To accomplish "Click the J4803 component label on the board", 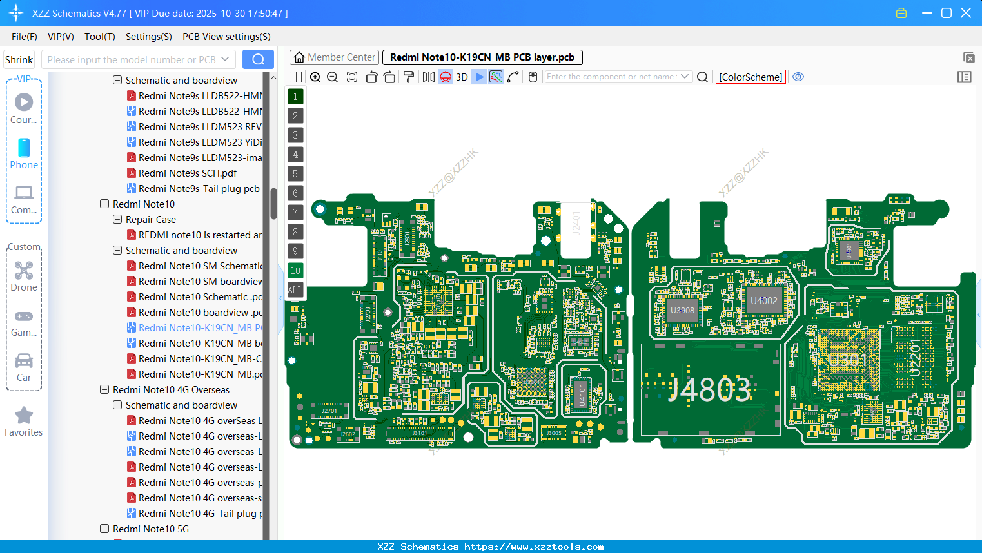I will coord(709,390).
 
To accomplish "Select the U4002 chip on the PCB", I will coord(764,301).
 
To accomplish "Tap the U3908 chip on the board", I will coord(682,310).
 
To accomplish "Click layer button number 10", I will coord(295,271).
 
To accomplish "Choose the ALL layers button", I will coord(295,290).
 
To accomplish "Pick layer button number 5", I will coord(295,174).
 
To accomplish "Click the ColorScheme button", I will coord(751,77).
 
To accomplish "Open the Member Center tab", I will coord(334,57).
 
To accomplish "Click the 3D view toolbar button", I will coord(462,77).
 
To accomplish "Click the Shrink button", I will coord(19,60).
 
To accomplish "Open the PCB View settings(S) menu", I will coord(226,37).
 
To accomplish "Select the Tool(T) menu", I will coord(99,37).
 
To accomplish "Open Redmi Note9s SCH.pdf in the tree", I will coord(187,173).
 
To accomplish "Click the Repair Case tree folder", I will coord(150,220).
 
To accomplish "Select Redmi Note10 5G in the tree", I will coord(150,529).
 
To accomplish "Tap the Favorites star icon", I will coord(24,416).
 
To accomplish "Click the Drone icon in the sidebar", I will coord(24,271).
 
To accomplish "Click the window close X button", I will coord(966,13).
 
